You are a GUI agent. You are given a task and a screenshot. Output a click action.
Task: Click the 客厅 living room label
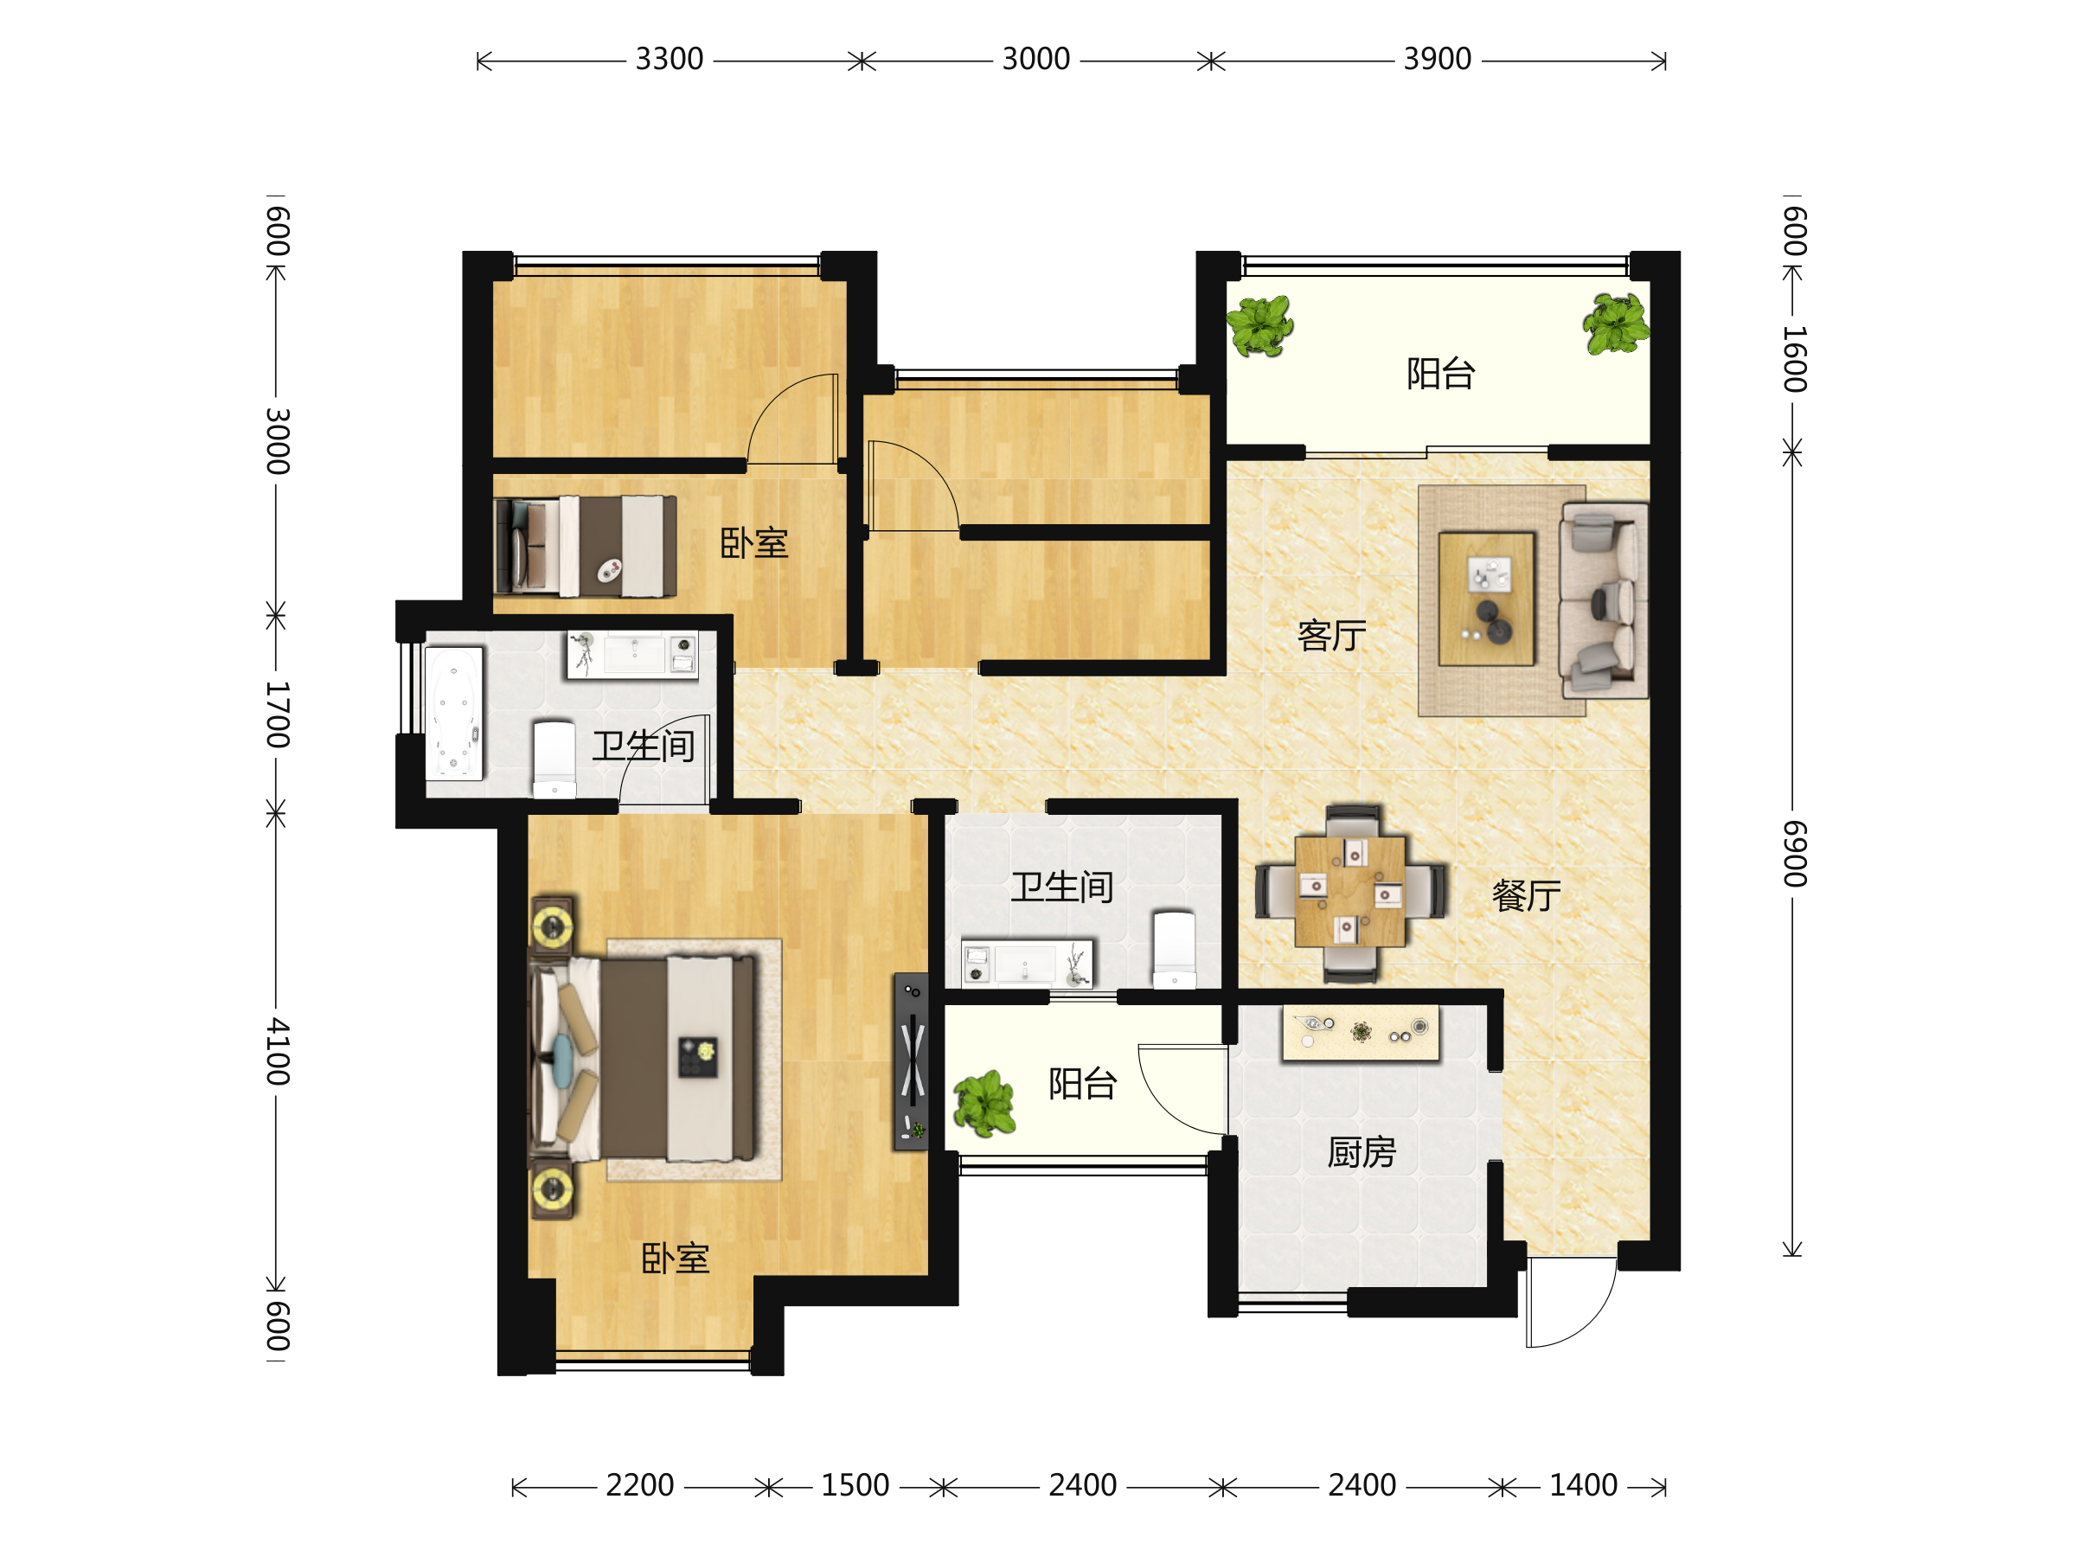[1331, 637]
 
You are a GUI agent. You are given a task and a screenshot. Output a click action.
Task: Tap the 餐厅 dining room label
[1526, 895]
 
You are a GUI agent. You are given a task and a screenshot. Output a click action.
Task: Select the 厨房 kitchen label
[1362, 1151]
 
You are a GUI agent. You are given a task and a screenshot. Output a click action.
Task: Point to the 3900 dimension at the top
[1437, 59]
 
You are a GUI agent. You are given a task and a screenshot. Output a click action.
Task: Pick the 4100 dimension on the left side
[277, 1050]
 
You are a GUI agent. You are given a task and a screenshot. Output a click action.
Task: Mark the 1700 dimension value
[277, 714]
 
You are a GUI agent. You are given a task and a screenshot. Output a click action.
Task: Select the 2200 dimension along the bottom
[640, 1486]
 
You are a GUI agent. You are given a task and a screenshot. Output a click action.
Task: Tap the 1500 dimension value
[855, 1486]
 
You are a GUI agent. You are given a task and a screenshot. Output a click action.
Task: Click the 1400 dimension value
[1583, 1486]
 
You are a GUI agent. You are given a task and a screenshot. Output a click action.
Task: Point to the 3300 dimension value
[670, 59]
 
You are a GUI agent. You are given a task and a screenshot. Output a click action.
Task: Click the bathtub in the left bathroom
[454, 714]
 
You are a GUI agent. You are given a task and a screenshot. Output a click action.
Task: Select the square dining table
[1349, 891]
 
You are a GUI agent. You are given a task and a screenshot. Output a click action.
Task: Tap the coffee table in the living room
[1487, 599]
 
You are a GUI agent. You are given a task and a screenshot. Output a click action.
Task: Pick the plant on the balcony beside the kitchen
[984, 1104]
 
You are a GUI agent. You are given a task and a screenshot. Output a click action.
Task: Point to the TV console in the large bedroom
[910, 1060]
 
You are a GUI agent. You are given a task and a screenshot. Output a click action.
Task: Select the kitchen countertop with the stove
[1360, 1034]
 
